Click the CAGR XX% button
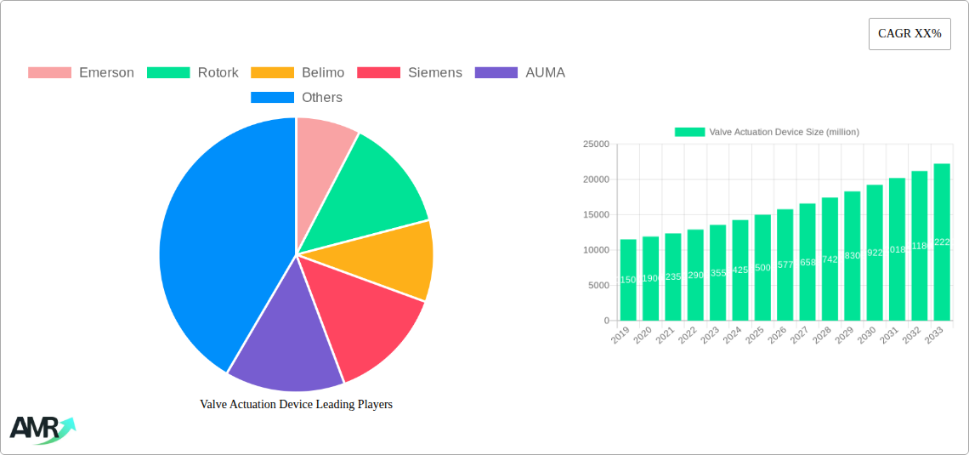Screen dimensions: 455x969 (x=909, y=34)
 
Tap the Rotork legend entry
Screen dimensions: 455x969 (x=193, y=72)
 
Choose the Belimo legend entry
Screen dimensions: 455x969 (x=297, y=72)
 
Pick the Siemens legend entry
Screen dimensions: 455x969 (x=410, y=72)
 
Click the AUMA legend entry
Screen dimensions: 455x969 (x=520, y=72)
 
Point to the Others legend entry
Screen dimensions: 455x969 (x=297, y=97)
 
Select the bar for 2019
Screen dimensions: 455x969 (x=628, y=280)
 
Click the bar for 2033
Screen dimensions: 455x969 (x=942, y=242)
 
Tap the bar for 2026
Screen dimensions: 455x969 (x=785, y=264)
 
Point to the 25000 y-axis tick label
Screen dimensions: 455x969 (x=596, y=145)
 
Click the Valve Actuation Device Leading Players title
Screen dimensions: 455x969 (x=296, y=404)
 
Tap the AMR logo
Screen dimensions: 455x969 (x=42, y=429)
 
